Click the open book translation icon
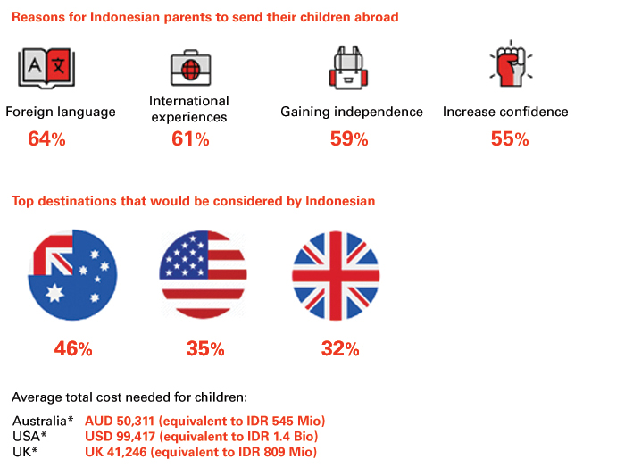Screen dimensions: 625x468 click(46, 68)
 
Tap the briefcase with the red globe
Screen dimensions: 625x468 click(191, 68)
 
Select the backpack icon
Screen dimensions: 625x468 click(348, 67)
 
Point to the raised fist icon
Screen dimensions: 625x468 click(511, 63)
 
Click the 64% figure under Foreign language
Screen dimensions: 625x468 click(46, 139)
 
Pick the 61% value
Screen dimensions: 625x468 click(190, 139)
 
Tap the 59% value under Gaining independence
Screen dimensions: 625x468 click(349, 139)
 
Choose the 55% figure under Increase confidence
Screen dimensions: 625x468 click(510, 139)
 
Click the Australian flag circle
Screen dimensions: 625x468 click(72, 275)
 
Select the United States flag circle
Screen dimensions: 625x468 click(203, 275)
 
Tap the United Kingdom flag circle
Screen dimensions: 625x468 click(336, 275)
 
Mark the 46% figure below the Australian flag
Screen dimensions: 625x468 click(73, 349)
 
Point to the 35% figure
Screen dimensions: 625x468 click(205, 349)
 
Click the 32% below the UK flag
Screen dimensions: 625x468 click(340, 349)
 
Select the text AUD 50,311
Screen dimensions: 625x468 click(120, 421)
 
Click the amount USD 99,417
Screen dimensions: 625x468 click(120, 437)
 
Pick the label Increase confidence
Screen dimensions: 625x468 click(505, 112)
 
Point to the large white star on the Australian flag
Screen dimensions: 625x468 click(54, 294)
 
